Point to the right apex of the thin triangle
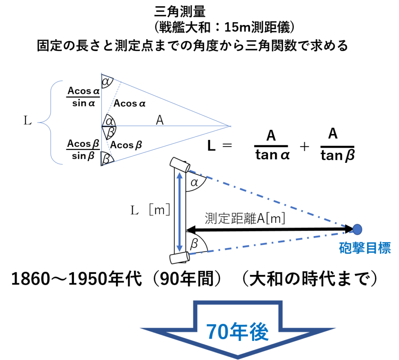point(231,126)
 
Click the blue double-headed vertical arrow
point(180,212)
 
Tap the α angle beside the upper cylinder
point(194,182)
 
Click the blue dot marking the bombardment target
point(357,229)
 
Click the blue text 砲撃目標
point(364,248)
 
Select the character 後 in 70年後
point(258,332)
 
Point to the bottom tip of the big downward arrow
point(238,357)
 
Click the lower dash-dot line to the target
point(273,243)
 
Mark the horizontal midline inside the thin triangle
point(168,126)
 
